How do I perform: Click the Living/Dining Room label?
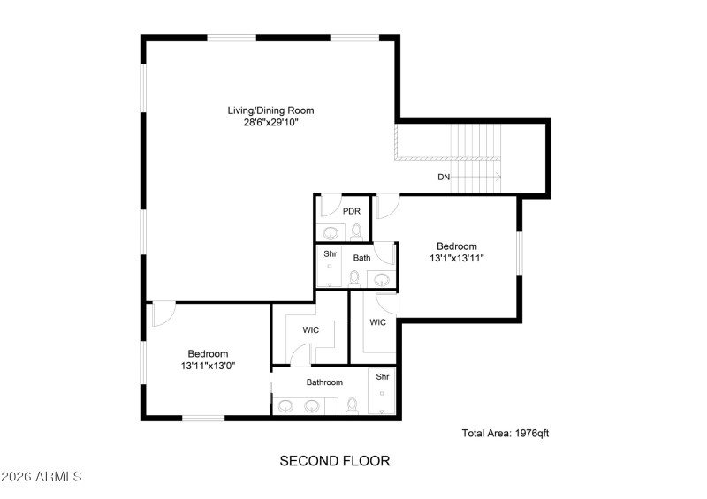(270, 110)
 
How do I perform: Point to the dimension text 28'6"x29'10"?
(270, 123)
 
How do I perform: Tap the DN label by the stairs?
(444, 178)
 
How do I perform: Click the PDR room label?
(351, 211)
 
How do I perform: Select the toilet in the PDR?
(356, 231)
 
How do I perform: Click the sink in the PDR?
(330, 233)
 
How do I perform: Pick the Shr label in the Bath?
(330, 254)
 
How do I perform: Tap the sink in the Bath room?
(382, 279)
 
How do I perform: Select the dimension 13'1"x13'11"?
(456, 258)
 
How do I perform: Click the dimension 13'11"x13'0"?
(208, 365)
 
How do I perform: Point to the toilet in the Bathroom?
(352, 406)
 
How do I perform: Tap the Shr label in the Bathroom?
(383, 376)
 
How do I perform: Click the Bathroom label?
(324, 382)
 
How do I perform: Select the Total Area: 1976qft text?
(506, 433)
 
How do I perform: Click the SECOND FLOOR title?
(334, 460)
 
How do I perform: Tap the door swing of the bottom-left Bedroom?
(164, 314)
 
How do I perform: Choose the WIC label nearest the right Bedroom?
(378, 322)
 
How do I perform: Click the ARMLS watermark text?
(42, 477)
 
